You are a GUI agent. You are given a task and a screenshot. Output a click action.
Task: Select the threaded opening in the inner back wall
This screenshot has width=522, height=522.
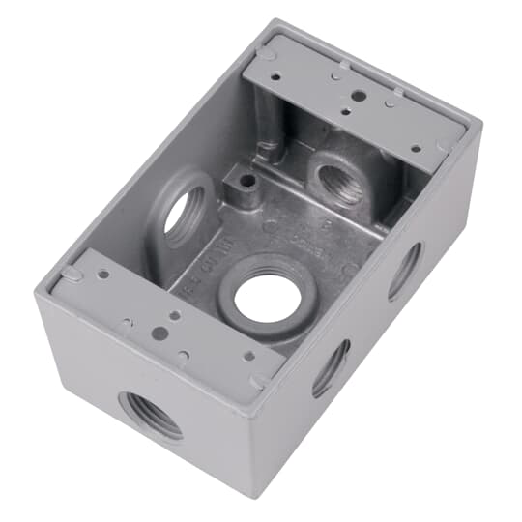pyautogui.click(x=339, y=184)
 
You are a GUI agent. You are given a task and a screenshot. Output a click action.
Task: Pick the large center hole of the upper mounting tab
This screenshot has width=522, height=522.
pyautogui.click(x=359, y=97)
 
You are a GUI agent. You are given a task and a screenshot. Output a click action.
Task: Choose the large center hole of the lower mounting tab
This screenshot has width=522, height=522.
pyautogui.click(x=160, y=333)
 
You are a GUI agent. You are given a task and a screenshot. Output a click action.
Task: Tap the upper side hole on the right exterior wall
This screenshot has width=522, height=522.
pyautogui.click(x=405, y=270)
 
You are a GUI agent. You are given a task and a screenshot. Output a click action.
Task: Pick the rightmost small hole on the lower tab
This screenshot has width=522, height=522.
pyautogui.click(x=249, y=356)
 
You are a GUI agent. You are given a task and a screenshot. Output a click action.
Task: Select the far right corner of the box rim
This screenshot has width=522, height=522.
pyautogui.click(x=479, y=125)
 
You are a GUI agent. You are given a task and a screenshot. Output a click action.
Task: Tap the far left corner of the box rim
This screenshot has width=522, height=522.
pyautogui.click(x=35, y=292)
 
